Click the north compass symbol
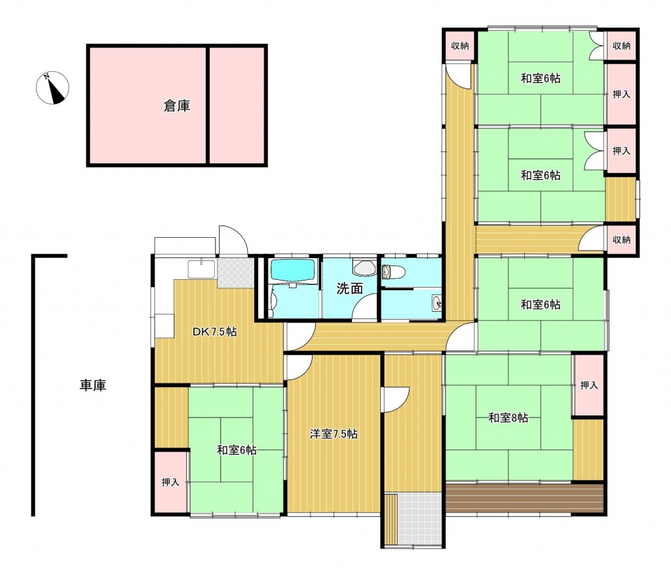coord(53,88)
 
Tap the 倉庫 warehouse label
coord(177,106)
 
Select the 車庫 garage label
coord(93,385)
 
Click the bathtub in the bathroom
coord(294,270)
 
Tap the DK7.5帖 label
coord(214,332)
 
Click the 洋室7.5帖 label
coord(334,433)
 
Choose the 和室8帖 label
coord(508,418)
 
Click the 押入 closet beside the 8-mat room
coord(588,385)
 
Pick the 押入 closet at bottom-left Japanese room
coord(170,482)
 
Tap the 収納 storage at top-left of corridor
coord(459,46)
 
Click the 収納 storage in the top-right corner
coord(621,46)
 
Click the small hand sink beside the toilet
coord(436,302)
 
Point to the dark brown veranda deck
coord(524,498)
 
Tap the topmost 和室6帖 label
coord(541,79)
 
